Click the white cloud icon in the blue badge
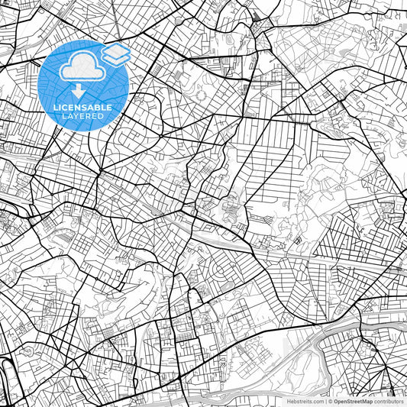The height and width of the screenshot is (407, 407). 82,67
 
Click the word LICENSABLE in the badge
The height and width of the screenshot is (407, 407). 82,108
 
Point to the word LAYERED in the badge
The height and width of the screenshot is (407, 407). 82,117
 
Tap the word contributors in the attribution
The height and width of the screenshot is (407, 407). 389,401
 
